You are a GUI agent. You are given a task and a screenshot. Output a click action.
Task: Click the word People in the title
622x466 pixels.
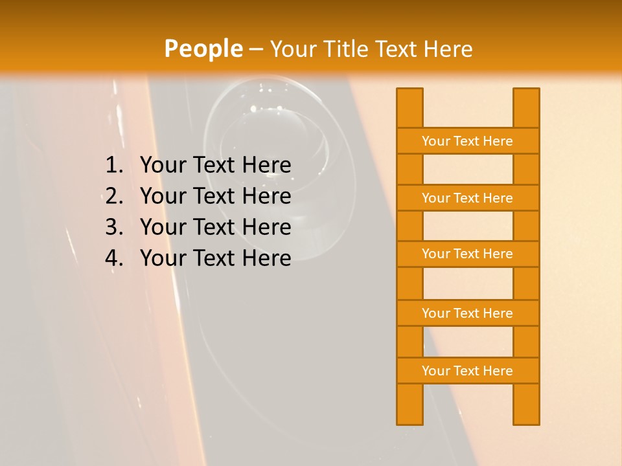coord(203,49)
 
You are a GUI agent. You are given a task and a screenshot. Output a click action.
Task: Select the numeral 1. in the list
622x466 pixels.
coord(114,166)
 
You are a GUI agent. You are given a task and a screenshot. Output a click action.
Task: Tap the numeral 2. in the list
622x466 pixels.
coord(114,196)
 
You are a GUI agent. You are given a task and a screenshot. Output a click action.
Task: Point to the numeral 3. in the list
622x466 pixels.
coord(114,227)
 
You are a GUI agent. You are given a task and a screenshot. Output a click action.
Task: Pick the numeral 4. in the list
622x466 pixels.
coord(114,258)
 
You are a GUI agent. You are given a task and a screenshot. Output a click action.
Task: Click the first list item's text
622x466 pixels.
coord(216,166)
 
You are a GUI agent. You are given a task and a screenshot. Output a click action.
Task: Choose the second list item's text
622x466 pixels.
coord(216,196)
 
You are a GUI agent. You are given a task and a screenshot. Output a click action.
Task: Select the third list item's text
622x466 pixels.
coord(216,227)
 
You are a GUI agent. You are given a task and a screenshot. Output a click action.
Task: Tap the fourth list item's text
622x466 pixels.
coord(216,258)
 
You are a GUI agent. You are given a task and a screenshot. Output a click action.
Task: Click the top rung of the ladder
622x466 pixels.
coord(467,141)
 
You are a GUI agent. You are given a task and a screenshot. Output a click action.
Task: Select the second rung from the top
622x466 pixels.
coord(467,198)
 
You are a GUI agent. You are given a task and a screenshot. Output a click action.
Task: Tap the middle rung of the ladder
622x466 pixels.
coord(467,254)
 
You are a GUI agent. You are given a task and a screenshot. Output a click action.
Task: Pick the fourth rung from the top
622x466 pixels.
coord(467,313)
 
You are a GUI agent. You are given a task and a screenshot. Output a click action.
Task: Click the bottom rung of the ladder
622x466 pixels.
coord(467,371)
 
